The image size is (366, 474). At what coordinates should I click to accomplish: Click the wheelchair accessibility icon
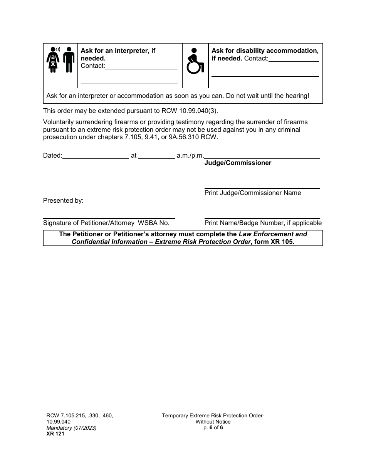coord(195,61)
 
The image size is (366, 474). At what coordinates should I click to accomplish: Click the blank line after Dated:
coord(96,156)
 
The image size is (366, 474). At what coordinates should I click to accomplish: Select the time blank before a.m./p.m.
coord(156,156)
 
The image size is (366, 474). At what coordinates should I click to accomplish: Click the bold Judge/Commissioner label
coord(238,163)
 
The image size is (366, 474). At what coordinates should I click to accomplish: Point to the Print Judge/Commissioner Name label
coord(253,193)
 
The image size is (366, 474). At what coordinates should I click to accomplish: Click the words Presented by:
coord(63,200)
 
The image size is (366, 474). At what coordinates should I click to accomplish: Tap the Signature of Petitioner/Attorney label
coord(88,223)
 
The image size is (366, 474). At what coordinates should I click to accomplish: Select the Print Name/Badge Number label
coord(263,223)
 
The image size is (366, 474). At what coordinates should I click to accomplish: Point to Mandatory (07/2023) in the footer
coord(71,428)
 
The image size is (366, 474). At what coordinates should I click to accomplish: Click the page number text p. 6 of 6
coord(213,427)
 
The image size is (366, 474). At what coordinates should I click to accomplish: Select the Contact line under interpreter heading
coord(141,66)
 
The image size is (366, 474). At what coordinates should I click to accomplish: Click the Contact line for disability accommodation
coord(294,59)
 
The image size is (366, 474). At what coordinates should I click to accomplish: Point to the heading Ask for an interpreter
coord(118,51)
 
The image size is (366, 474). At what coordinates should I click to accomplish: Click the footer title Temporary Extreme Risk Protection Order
coord(213,415)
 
